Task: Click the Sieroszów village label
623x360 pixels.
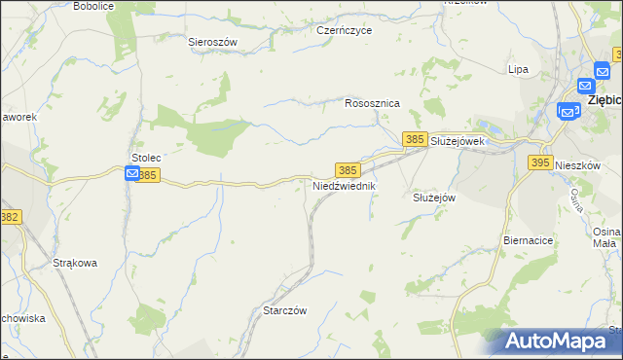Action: point(213,42)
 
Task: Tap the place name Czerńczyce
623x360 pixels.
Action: point(345,30)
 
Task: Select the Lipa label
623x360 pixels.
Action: point(518,69)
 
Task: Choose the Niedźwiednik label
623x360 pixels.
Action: point(344,185)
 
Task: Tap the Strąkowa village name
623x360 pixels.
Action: point(75,263)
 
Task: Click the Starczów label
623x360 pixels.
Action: point(285,310)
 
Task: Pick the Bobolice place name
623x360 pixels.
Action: point(93,6)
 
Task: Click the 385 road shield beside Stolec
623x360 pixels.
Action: point(148,175)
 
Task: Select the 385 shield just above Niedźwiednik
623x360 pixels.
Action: point(348,169)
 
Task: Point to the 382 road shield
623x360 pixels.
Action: point(10,218)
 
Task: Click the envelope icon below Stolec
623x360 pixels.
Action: point(132,173)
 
